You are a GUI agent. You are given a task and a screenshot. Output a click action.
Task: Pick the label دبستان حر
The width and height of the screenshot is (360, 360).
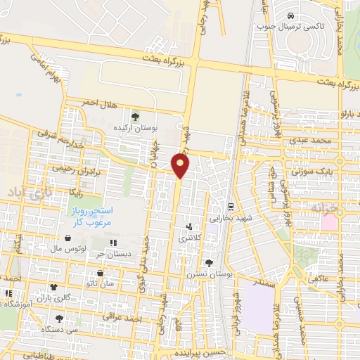tap(113, 254)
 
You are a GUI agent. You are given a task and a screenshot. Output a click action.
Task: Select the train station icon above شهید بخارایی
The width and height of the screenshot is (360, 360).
tap(230, 207)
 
